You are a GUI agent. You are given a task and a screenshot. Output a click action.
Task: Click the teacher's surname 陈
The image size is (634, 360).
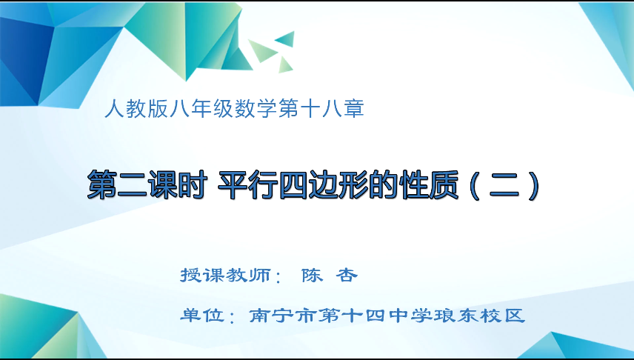(x=311, y=276)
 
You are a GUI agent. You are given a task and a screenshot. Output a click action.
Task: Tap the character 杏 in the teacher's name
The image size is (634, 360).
(x=347, y=276)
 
